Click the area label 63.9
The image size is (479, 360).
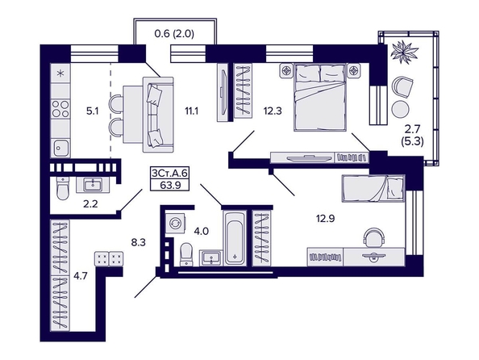[x=170, y=185]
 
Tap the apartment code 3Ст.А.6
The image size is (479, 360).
[x=169, y=173]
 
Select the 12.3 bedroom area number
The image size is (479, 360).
[x=273, y=111]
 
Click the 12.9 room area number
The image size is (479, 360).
[x=326, y=219]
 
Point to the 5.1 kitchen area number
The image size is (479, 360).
[x=92, y=111]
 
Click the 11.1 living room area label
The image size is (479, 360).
[x=192, y=111]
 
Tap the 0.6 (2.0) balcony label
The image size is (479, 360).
[x=174, y=33]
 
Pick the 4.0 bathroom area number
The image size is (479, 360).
[x=202, y=231]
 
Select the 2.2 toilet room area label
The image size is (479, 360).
[x=90, y=203]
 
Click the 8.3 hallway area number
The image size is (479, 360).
[x=139, y=243]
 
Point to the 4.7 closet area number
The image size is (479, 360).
[x=81, y=276]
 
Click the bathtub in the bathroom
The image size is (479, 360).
[x=235, y=237]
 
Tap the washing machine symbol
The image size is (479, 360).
[x=175, y=223]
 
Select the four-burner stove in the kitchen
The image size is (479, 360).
[x=60, y=109]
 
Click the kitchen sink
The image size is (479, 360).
[x=60, y=148]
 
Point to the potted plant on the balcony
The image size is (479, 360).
[x=403, y=52]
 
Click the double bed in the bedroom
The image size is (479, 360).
[x=320, y=97]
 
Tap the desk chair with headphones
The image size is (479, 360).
[x=373, y=237]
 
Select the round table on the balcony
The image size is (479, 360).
[x=401, y=109]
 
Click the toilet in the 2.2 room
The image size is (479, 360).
[x=63, y=188]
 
